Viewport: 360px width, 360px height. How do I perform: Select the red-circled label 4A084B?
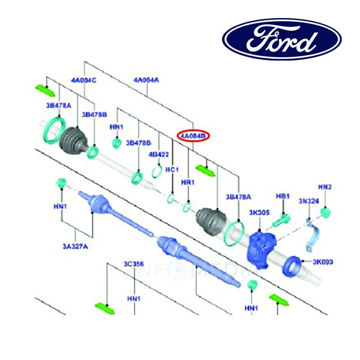coord(194,136)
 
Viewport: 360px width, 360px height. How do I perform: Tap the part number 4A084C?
coord(83,80)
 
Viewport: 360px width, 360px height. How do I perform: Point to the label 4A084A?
coord(146,80)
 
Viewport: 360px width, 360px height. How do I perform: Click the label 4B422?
coord(158,154)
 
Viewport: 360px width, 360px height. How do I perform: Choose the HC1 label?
coord(172,170)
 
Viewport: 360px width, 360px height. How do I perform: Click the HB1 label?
coord(283,196)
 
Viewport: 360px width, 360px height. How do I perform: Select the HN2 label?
coord(325,187)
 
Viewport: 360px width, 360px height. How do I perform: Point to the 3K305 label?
coord(259,212)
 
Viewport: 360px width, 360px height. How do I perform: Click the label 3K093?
coord(323,262)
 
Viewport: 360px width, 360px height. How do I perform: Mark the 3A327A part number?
coord(74,245)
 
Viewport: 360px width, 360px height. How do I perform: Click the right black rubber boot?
coord(211,223)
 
